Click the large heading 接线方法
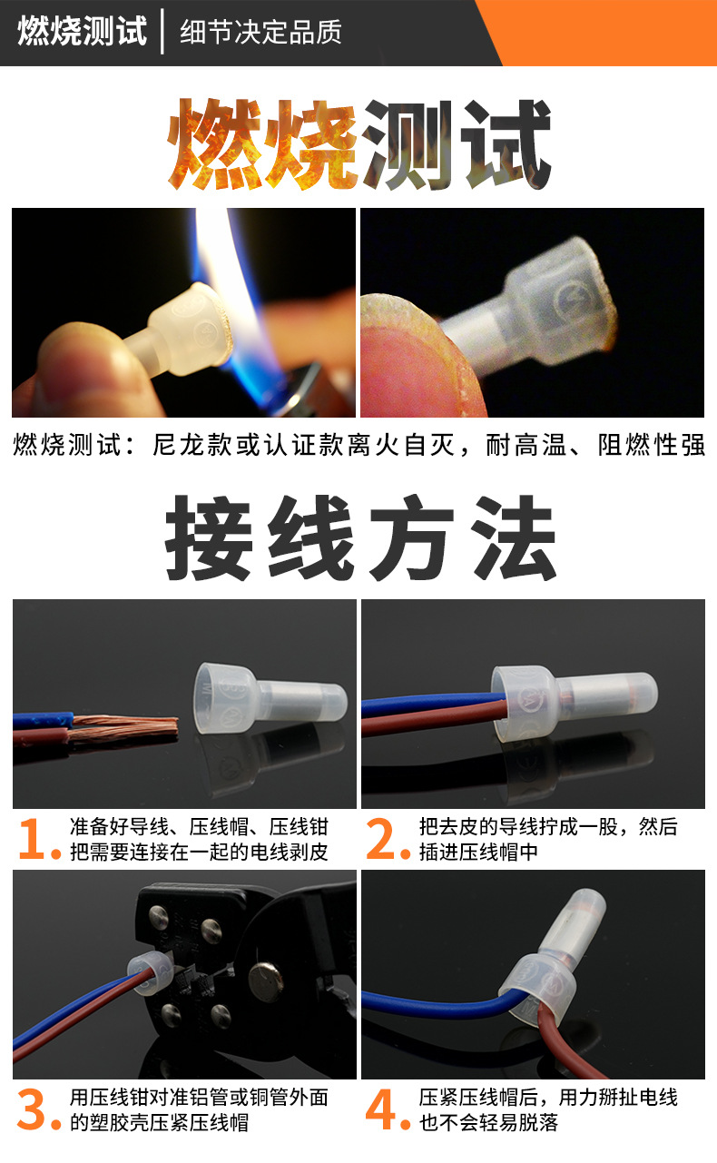point(359,539)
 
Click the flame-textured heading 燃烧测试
point(359,145)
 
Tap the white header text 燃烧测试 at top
point(82,32)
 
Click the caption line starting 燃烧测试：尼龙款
point(359,446)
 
